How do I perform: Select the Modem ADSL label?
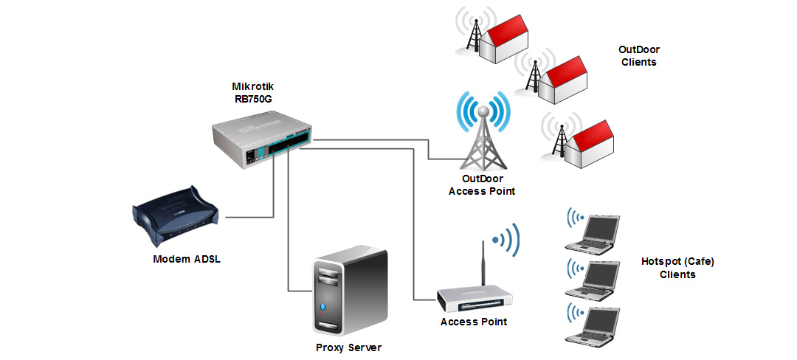pos(186,259)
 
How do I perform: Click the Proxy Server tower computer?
pos(348,290)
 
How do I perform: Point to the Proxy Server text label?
pos(348,347)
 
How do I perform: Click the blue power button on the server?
pos(322,305)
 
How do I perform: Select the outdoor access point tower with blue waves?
pos(482,136)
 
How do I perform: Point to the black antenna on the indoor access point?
pos(481,263)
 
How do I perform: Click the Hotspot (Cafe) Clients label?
pos(677,268)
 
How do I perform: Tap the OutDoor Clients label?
pos(638,56)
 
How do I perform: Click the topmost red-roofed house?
pos(506,41)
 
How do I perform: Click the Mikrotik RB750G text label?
pos(252,92)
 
